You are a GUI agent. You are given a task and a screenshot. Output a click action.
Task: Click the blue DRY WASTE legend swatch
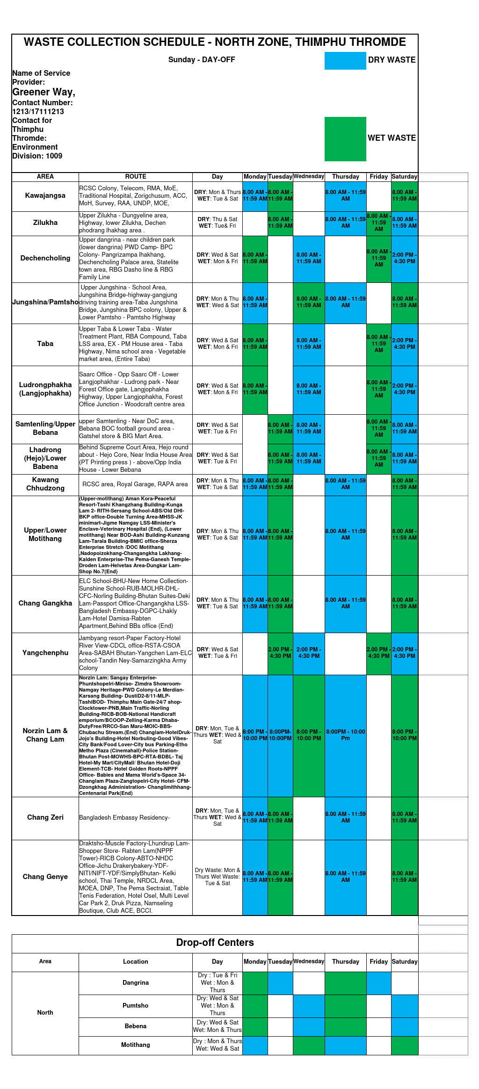click(345, 61)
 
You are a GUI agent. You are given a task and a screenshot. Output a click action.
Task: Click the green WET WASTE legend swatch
click(345, 139)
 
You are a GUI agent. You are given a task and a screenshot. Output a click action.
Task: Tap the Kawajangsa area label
click(45, 195)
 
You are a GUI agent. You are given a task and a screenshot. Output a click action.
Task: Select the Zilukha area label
click(45, 223)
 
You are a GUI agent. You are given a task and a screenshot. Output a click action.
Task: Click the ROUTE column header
click(136, 177)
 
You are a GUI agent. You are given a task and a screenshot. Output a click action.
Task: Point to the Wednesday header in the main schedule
click(309, 176)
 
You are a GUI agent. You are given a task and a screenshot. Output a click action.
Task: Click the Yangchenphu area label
click(45, 653)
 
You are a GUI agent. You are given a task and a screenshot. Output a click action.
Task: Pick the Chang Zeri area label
click(45, 817)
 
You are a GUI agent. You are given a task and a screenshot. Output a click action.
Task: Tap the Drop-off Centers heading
click(215, 943)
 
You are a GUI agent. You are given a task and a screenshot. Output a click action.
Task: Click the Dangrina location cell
click(136, 983)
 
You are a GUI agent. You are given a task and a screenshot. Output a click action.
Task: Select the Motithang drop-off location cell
click(136, 1045)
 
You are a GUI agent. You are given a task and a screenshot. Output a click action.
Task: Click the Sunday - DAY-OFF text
click(202, 60)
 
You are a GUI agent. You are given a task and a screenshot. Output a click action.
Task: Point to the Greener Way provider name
click(44, 92)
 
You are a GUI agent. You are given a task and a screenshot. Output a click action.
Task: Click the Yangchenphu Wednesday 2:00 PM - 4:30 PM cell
click(309, 653)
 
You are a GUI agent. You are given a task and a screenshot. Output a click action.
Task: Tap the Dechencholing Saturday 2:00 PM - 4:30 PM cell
click(405, 258)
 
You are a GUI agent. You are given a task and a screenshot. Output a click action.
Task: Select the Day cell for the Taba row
click(218, 344)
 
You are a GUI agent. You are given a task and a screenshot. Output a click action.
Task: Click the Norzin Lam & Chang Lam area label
click(45, 735)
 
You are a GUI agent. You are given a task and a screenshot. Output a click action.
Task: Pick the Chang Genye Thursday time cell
click(346, 877)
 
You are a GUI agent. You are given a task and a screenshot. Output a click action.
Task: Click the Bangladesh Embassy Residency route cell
click(136, 818)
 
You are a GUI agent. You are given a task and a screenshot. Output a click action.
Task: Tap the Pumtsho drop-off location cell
click(136, 1006)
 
